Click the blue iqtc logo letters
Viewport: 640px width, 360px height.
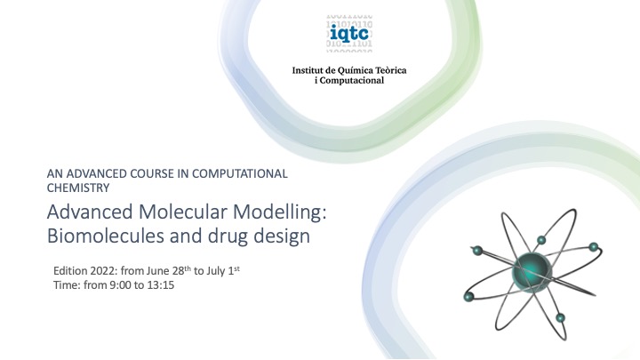[349, 33]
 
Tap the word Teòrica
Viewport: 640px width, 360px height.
[390, 70]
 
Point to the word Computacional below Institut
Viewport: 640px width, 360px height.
[352, 80]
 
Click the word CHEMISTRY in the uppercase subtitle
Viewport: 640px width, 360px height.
[78, 188]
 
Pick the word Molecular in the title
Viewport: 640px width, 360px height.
[182, 212]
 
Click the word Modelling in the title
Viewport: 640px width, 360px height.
[280, 212]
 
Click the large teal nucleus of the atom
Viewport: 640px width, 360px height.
[532, 272]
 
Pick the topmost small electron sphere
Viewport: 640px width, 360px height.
[541, 240]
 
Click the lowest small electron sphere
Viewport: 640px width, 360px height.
[560, 317]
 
